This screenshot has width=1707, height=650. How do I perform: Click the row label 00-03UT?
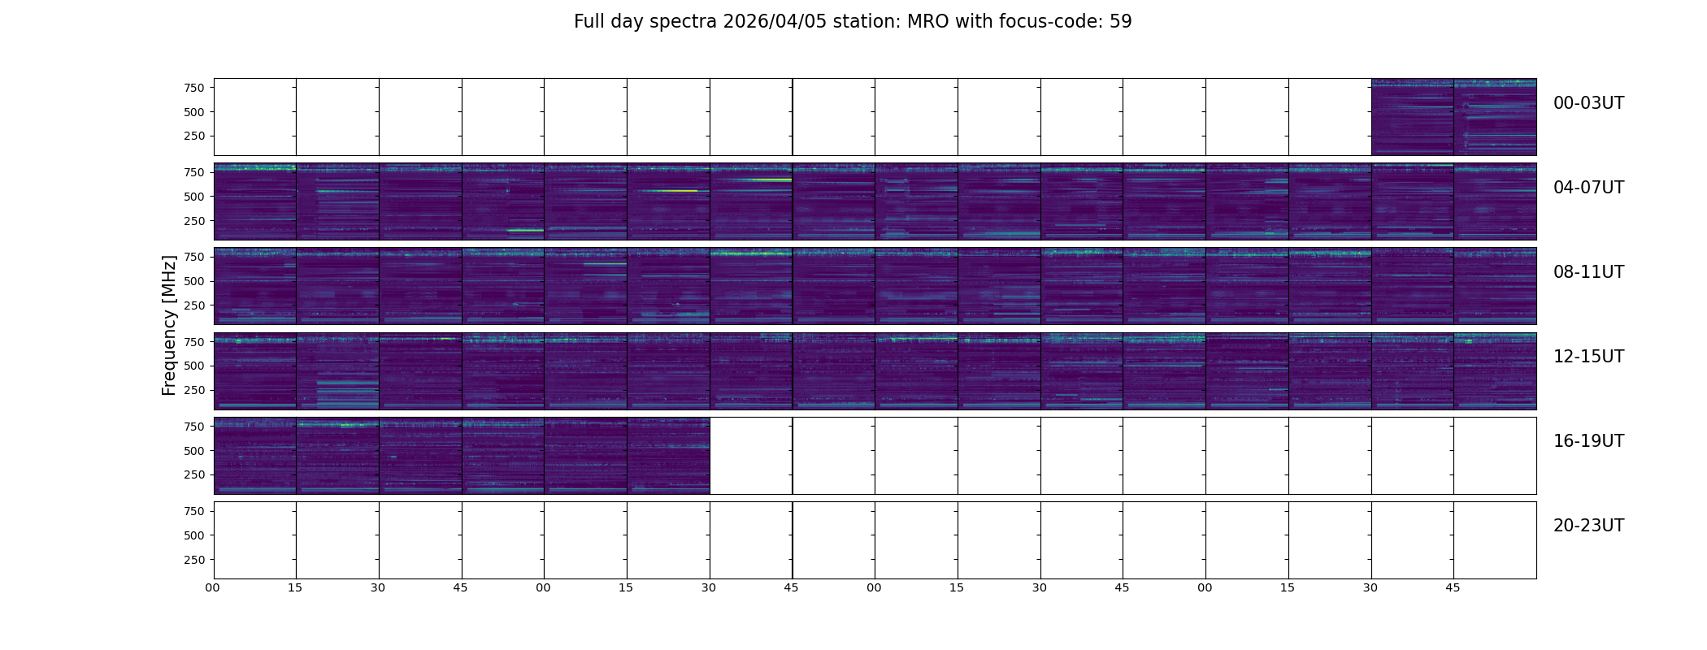tap(1588, 103)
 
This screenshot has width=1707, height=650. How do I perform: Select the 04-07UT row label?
tap(1588, 188)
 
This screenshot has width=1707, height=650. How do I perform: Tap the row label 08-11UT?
tap(1588, 272)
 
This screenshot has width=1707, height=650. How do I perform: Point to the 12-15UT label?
tap(1588, 357)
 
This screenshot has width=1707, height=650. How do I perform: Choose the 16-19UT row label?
tap(1588, 441)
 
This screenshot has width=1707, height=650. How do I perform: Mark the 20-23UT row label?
tap(1588, 526)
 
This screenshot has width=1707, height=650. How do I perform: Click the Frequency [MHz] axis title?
tap(169, 325)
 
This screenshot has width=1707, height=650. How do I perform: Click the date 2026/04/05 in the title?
tap(773, 22)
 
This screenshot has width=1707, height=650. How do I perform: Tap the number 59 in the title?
tap(1121, 22)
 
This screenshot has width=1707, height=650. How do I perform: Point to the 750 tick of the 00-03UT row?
tap(193, 88)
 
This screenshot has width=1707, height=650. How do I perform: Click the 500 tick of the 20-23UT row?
tap(193, 535)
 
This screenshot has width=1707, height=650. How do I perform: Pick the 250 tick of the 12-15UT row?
tap(193, 391)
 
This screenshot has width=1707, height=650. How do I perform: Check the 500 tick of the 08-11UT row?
tap(193, 281)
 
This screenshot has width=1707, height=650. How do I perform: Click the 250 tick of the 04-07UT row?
tap(193, 221)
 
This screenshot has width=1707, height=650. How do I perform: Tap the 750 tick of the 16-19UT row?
tap(193, 427)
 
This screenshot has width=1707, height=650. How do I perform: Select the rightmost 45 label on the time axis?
tap(1453, 587)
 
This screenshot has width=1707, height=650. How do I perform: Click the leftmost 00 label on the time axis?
tap(212, 587)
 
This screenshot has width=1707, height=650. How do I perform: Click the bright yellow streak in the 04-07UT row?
tap(667, 191)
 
